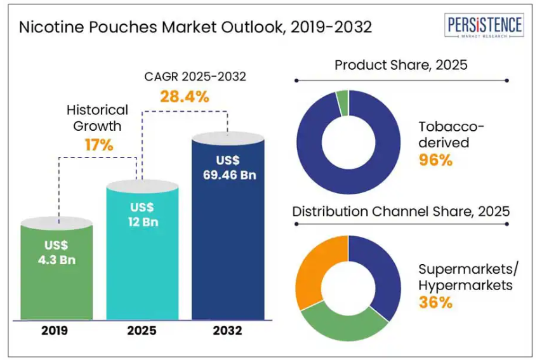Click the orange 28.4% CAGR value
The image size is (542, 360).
[184, 97]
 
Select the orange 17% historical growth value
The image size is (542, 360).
[99, 145]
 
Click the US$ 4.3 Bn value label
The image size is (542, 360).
[57, 252]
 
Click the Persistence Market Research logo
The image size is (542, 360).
[485, 27]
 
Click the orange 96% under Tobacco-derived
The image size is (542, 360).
[435, 160]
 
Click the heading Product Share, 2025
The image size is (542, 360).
[400, 65]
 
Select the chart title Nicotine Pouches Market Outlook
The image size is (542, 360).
[195, 28]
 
